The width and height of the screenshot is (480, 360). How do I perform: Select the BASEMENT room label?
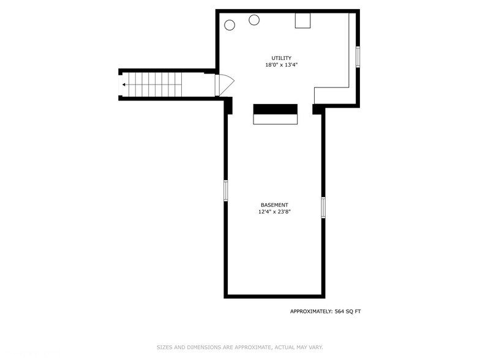pos(274,205)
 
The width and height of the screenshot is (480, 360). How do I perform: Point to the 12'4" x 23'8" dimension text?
pos(274,212)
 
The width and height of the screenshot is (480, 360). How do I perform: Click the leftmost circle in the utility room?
pos(230,25)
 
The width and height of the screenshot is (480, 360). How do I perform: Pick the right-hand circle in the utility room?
pos(254,20)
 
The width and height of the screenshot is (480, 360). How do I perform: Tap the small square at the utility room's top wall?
pos(303,20)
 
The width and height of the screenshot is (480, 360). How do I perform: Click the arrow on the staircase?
pos(125,84)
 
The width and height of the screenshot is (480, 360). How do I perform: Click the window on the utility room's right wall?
pos(358,56)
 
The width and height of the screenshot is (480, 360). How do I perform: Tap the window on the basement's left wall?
pos(226,190)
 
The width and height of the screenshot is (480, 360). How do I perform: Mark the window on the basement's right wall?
pos(323,207)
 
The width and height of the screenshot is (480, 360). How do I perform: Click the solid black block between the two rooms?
pos(276,109)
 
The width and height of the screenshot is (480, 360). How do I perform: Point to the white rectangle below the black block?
pos(276,119)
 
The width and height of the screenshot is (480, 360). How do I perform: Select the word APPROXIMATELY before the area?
pos(311,312)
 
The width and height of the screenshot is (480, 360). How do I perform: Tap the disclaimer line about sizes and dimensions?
pos(240,347)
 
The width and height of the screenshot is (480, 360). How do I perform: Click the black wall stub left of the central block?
pos(228,106)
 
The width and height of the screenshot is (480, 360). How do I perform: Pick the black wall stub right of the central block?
pos(318,109)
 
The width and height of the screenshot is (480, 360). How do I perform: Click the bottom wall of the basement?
pos(274,296)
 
